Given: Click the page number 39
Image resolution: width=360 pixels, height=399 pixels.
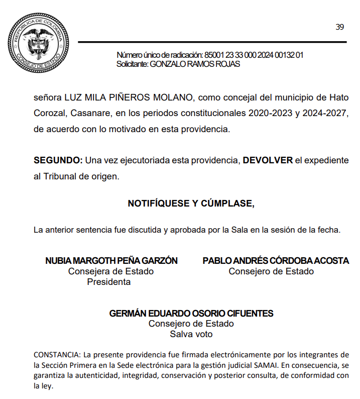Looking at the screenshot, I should click(x=340, y=27).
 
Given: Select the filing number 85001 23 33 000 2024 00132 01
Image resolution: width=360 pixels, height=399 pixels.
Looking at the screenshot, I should click(x=254, y=55).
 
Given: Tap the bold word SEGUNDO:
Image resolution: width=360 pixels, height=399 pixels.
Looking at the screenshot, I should click(x=58, y=160).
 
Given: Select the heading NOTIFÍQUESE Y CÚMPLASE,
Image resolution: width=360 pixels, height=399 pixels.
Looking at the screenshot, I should click(x=191, y=204).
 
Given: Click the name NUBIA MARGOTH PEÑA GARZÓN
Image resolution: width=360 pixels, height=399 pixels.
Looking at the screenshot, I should click(x=111, y=261).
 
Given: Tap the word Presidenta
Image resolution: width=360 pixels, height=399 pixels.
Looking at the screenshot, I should click(x=109, y=282).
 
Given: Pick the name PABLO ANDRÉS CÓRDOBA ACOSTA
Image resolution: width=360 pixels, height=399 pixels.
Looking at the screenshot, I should click(x=276, y=261).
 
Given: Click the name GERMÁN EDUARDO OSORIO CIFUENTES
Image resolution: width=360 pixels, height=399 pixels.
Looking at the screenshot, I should click(x=191, y=314).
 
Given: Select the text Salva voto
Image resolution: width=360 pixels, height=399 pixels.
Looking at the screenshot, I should click(x=191, y=334).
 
